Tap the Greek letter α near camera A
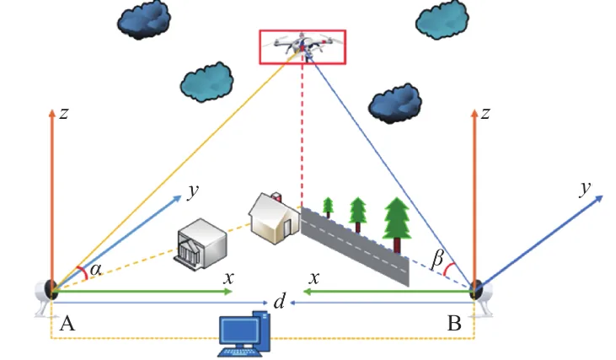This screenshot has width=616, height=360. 95,270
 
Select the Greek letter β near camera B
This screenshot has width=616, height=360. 437,260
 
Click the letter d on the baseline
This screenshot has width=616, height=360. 279,302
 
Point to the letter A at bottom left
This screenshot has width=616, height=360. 67,324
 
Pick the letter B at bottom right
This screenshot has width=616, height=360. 454,324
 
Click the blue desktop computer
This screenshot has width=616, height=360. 244,334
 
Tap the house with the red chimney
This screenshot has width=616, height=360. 274,218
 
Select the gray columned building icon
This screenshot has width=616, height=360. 201,244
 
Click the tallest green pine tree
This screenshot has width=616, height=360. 397,225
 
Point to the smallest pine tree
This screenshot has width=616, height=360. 328,207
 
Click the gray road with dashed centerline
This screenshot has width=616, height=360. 355,247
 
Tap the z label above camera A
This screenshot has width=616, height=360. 64,113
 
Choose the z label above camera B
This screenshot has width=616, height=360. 485,113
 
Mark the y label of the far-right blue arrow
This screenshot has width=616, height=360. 585,189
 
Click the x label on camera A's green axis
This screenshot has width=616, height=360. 228,278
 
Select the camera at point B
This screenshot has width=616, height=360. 482,297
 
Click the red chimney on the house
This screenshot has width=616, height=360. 277,196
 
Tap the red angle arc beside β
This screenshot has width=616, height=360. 449,269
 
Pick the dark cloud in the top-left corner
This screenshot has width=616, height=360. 144,19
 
